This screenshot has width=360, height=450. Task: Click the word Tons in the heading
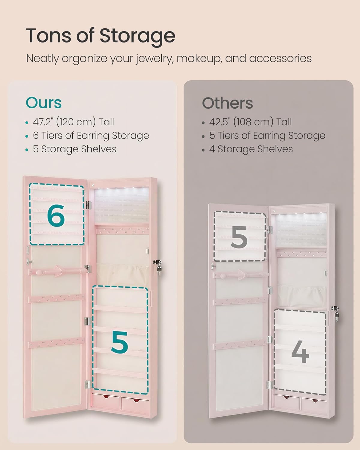coord(49,36)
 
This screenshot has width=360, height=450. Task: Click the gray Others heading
coord(227,103)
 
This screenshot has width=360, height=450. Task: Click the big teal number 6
coord(56,216)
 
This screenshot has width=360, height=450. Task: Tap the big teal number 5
coord(119,343)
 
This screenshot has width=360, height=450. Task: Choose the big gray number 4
coord(300,352)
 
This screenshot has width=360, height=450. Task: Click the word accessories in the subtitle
coord(280,58)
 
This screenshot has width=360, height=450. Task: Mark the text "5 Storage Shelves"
coord(74,149)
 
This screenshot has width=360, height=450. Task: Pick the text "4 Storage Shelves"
coord(251,149)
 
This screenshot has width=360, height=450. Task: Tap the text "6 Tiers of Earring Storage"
coord(91,136)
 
